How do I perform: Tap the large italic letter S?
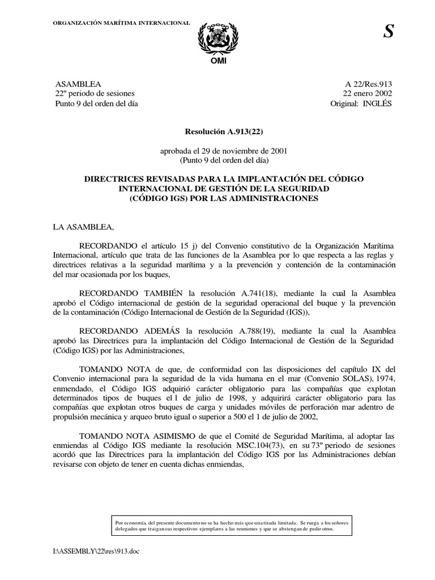tap(388, 33)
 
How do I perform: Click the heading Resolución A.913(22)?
tap(217, 131)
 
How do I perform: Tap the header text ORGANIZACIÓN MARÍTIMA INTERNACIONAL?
tap(121, 22)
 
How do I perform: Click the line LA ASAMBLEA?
tap(83, 228)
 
